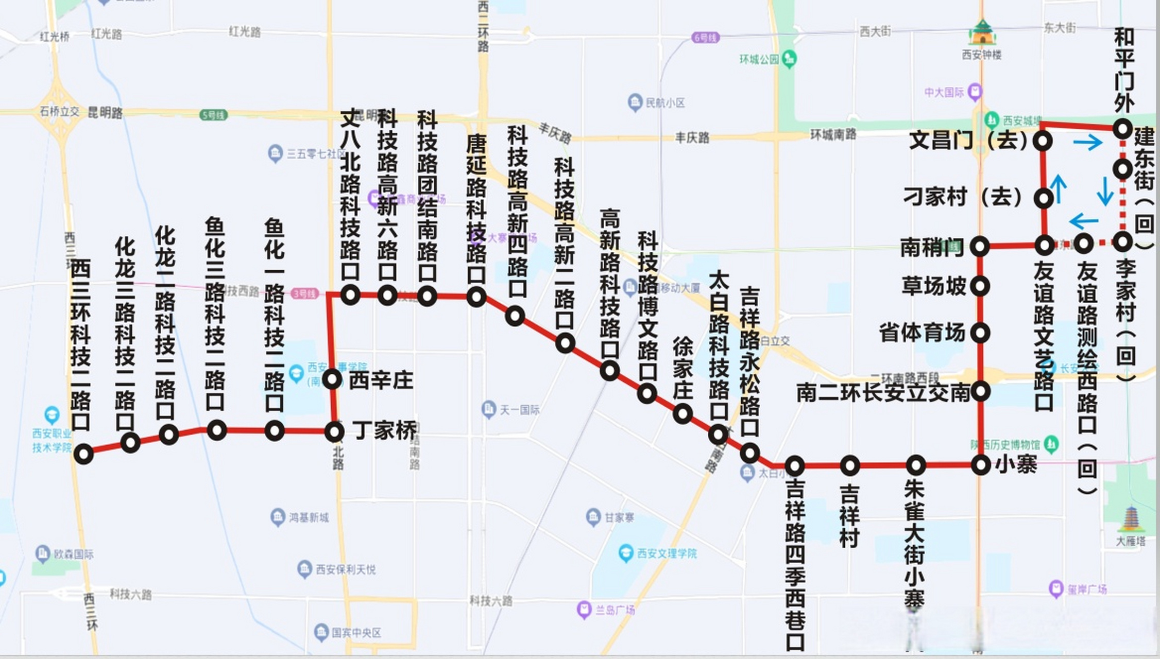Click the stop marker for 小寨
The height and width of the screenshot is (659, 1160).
click(x=981, y=465)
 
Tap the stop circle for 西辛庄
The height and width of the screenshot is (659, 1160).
click(x=332, y=380)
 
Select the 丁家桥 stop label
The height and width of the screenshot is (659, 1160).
click(x=384, y=430)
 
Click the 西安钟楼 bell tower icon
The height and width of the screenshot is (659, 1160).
click(x=982, y=33)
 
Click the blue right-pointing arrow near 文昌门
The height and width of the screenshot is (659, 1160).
click(x=1088, y=142)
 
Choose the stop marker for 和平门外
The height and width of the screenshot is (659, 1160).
click(x=1122, y=128)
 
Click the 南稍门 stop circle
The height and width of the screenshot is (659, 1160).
click(x=980, y=247)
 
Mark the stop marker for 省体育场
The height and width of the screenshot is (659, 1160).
click(x=980, y=333)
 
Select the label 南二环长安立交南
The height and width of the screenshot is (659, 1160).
click(x=883, y=393)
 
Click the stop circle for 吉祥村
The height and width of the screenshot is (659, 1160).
click(x=849, y=465)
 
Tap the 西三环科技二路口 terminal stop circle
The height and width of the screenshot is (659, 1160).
click(x=83, y=454)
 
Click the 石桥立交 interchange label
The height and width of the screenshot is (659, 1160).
click(x=60, y=111)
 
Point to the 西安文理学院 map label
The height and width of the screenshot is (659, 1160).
click(x=667, y=553)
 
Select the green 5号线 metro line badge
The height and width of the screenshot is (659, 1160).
click(x=213, y=115)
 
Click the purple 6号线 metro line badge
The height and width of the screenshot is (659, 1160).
click(x=705, y=38)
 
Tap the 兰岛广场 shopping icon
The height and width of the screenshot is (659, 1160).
click(x=584, y=610)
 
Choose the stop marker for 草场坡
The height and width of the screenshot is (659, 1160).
click(x=980, y=286)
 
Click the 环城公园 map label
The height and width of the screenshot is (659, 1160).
click(x=759, y=59)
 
